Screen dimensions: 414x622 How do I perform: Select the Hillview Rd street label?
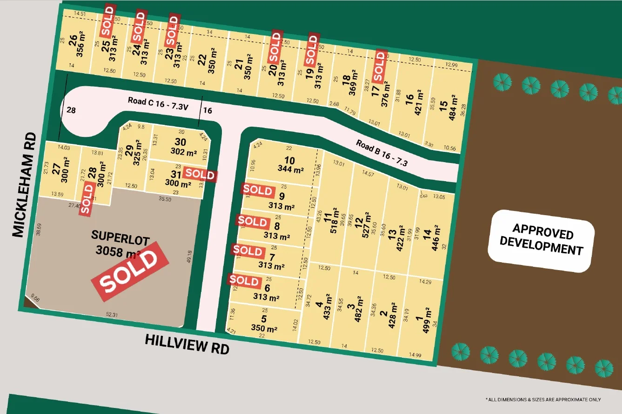click(187, 344)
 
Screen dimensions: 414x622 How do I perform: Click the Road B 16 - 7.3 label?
click(382, 153)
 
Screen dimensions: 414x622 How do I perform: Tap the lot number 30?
click(181, 142)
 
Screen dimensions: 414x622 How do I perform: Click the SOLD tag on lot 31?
click(200, 175)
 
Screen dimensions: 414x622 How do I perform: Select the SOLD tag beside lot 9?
click(258, 190)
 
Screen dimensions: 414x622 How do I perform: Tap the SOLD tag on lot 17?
click(381, 66)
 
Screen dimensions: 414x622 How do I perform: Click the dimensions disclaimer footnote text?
click(543, 400)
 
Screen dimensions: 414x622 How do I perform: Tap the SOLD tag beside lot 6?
click(244, 281)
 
